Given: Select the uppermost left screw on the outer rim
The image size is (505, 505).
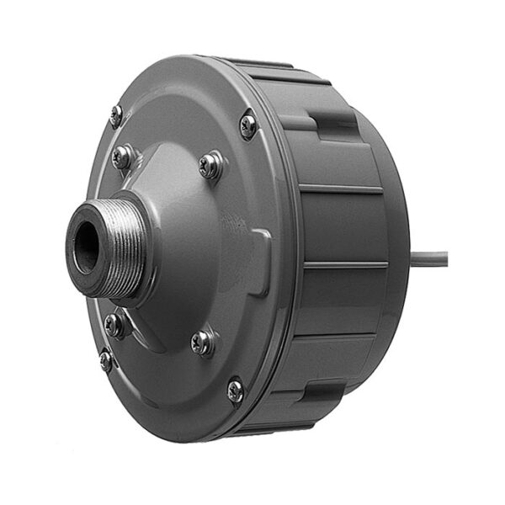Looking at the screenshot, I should [x=116, y=114].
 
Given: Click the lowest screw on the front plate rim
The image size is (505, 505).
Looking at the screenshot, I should [x=235, y=390].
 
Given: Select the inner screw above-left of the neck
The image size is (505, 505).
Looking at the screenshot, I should [x=124, y=157].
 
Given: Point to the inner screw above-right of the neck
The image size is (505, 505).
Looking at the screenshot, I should [x=210, y=165].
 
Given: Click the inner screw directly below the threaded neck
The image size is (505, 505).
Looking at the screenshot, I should [x=114, y=324].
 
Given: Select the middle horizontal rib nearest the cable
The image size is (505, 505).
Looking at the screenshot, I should [x=345, y=265].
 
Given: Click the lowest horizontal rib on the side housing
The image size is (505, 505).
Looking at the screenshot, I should [x=337, y=337].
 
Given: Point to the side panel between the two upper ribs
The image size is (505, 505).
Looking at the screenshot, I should [x=345, y=227].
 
